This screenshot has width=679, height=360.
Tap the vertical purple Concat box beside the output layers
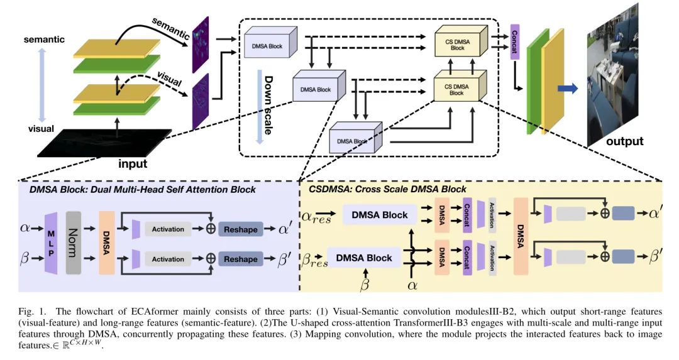514,42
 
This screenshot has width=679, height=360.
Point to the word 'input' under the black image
133,164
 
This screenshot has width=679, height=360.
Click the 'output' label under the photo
624,141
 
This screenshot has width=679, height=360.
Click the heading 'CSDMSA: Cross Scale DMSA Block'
387,189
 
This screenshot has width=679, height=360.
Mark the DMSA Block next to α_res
379,215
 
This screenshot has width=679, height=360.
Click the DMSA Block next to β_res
363,258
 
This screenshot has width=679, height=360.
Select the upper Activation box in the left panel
168,229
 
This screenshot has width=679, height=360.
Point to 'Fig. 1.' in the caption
29,312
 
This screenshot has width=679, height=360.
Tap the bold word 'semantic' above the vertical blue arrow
44,40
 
